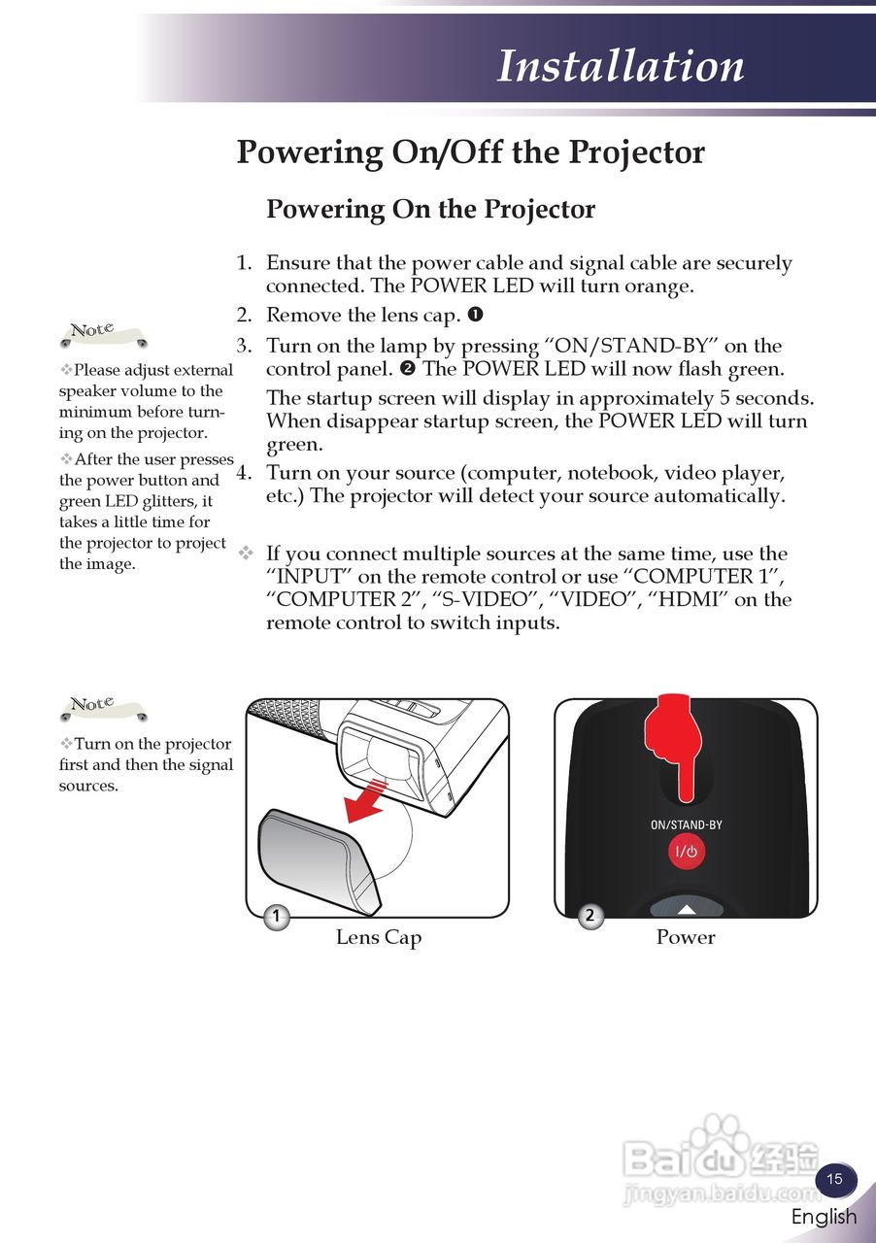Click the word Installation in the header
click(621, 66)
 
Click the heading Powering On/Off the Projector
click(470, 152)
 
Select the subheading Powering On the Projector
click(430, 209)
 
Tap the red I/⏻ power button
click(687, 853)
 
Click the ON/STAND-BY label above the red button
click(687, 825)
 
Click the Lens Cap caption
click(379, 937)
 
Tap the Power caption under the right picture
click(686, 937)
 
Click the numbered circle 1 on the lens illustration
click(277, 916)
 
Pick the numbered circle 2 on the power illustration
click(590, 916)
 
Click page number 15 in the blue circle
click(834, 1180)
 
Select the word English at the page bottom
click(824, 1217)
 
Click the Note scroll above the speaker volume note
click(101, 333)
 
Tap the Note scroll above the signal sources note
click(101, 707)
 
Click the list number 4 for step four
click(243, 474)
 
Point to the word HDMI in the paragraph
click(691, 599)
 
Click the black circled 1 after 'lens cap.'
click(476, 315)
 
